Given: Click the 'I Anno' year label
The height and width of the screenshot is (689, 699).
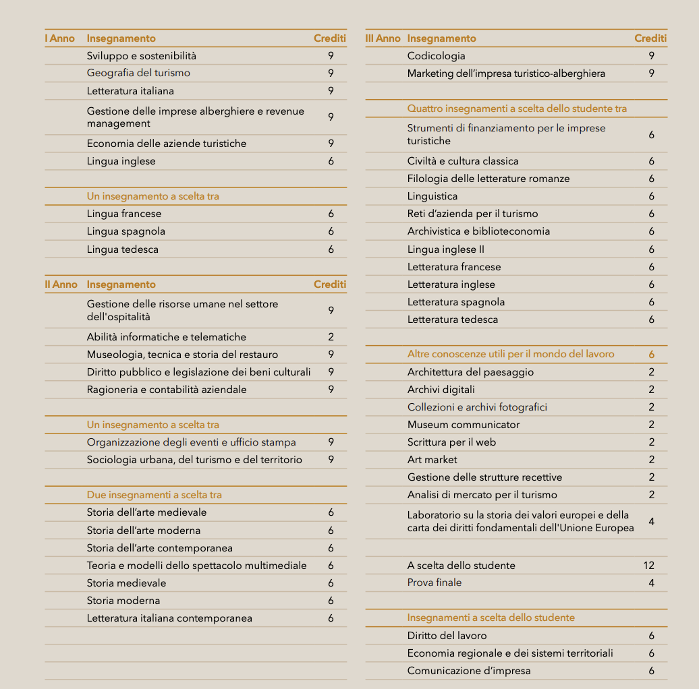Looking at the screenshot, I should (59, 38).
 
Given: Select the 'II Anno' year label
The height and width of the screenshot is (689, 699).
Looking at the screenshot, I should (61, 284).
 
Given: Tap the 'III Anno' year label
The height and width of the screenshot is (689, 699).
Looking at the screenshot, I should (383, 38).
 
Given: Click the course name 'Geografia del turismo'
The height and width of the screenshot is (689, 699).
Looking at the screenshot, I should (138, 73).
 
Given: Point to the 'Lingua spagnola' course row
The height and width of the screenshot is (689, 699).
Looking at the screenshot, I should (125, 231).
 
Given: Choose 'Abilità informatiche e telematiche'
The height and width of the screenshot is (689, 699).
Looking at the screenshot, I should (166, 337).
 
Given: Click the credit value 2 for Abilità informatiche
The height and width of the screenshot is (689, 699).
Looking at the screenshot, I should (331, 337).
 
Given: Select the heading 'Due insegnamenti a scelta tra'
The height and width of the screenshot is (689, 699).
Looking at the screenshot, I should (154, 495).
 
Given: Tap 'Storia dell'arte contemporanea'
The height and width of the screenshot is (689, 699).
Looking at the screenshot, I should (159, 548).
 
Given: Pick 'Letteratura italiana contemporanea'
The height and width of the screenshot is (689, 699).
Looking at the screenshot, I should (169, 618).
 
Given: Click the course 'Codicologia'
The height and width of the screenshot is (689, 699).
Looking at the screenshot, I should (436, 56).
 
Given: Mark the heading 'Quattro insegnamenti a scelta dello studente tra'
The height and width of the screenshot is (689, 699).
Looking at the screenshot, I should (517, 109).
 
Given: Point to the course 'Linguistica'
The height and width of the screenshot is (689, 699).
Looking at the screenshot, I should (432, 196).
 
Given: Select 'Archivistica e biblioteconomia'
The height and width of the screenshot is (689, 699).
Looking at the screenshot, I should (478, 231).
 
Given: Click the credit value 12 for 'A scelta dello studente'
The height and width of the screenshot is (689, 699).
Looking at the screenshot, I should (649, 566).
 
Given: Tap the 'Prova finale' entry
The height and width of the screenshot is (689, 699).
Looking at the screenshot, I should (435, 582).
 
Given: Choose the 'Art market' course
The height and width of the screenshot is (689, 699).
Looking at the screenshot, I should (432, 460).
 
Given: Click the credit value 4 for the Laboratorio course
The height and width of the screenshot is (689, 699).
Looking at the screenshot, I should (651, 522).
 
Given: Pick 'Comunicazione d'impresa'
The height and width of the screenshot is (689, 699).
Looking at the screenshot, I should (468, 671).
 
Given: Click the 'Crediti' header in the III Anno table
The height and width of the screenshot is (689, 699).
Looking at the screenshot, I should (650, 38).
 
